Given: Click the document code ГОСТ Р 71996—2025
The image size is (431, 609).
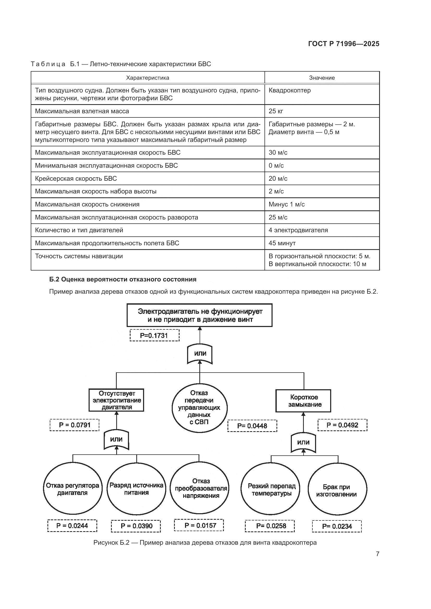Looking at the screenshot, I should (344, 44).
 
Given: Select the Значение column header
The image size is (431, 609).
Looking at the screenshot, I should (322, 78).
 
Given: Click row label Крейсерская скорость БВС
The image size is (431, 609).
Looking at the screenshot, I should (76, 179).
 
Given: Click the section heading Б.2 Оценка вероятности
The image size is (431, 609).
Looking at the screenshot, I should (123, 279).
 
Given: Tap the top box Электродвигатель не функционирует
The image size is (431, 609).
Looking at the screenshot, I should (200, 315).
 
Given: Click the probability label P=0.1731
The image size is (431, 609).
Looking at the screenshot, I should (155, 336).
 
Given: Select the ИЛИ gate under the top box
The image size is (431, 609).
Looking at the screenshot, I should (200, 354).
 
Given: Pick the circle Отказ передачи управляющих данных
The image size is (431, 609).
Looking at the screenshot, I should (199, 408).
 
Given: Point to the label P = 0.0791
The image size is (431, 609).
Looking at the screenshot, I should (75, 425).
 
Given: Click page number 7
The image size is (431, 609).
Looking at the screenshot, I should (377, 554).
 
